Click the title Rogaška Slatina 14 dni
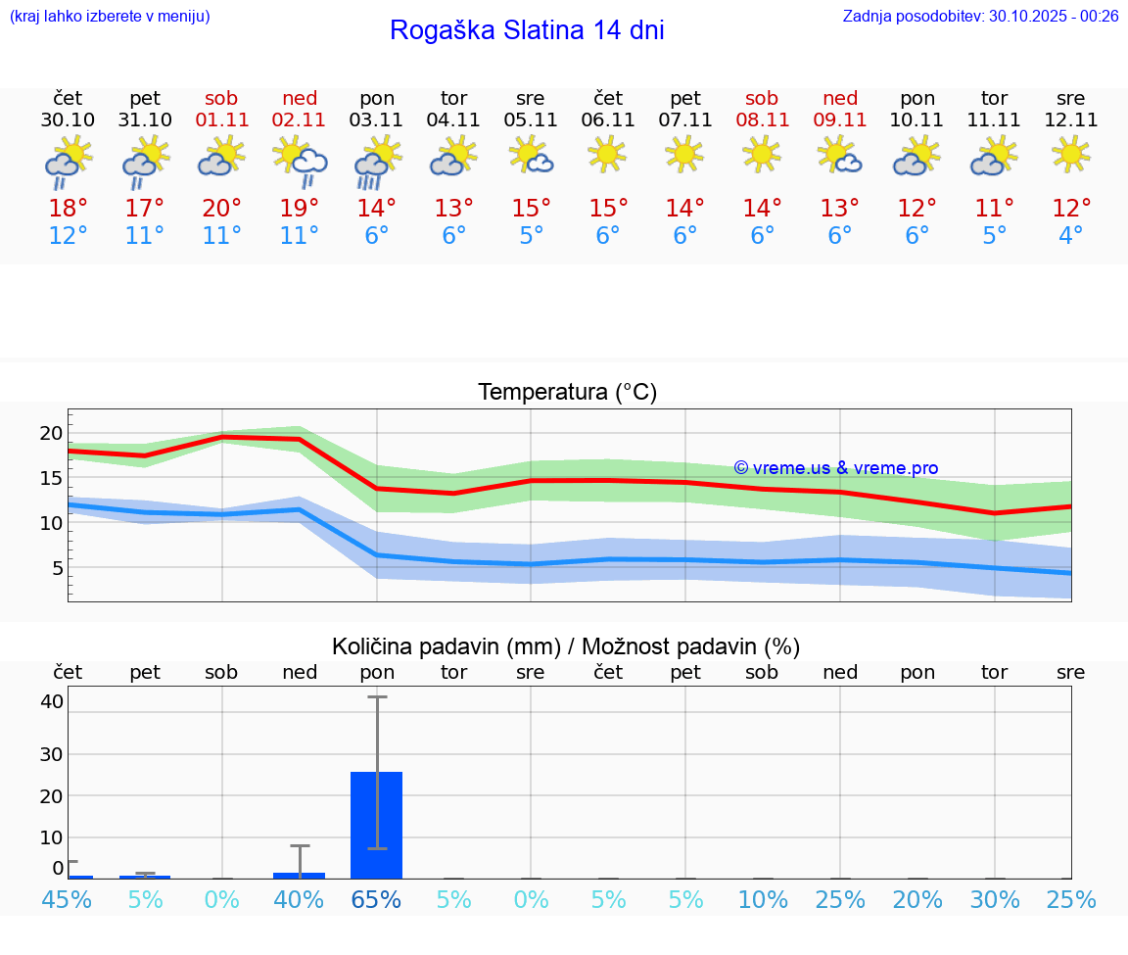coord(527,30)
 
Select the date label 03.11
coord(377,120)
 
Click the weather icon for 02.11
coord(300,161)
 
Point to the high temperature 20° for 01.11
coord(222,209)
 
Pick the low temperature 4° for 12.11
coord(1071,236)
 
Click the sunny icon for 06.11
coord(607,154)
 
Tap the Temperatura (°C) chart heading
coord(567,393)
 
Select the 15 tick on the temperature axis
coord(51,478)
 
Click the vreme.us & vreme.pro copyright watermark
coord(835,468)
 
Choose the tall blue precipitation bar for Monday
coord(377,825)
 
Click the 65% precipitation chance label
coord(377,899)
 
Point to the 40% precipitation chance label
coord(300,899)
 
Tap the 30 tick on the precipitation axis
coord(51,754)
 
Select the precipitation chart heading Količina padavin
coord(566,646)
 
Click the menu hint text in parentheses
coord(109,16)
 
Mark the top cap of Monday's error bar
coord(377,696)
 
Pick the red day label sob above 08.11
coord(762,98)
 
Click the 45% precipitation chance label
coord(68,899)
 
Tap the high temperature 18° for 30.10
coord(68,209)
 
